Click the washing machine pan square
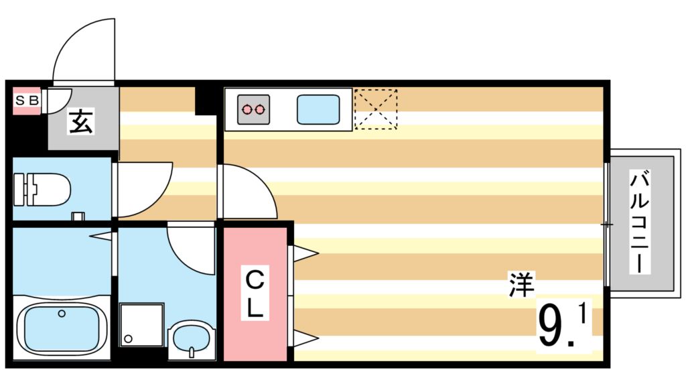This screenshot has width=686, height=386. click(142, 324)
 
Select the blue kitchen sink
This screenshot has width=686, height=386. click(318, 109)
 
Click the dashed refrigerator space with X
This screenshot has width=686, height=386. click(375, 109)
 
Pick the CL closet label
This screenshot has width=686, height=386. click(255, 294)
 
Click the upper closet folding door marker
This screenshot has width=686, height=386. click(303, 253)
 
